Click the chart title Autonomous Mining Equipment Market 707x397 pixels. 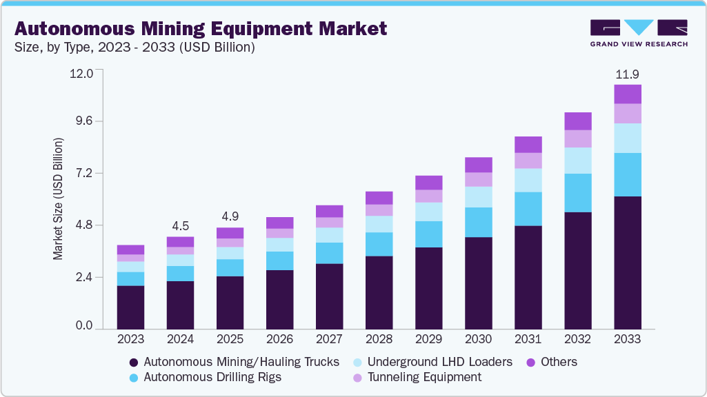click(201, 29)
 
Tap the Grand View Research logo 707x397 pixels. click(638, 32)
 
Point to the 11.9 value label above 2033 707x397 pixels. click(627, 74)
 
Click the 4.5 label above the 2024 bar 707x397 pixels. click(180, 226)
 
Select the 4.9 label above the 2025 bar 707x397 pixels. click(230, 216)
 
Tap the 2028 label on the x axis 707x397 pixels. click(379, 339)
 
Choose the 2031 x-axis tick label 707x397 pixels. click(528, 339)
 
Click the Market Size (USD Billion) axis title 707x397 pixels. click(58, 199)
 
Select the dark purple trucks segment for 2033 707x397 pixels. click(628, 262)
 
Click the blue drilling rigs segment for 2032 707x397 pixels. click(578, 193)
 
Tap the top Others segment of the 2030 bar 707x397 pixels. click(479, 165)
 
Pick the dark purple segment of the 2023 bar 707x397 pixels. click(130, 307)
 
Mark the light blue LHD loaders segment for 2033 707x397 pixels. click(628, 138)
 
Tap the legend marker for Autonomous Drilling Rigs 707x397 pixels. click(134, 378)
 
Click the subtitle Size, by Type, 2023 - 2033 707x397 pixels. click(135, 48)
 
